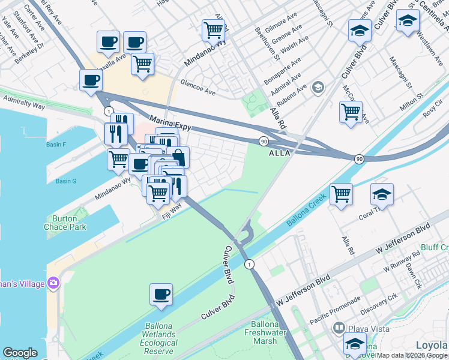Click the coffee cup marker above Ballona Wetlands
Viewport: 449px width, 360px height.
pyautogui.click(x=161, y=294)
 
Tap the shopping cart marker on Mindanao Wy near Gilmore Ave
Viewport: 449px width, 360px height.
pyautogui.click(x=214, y=29)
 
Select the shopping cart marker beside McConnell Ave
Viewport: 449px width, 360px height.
pyautogui.click(x=351, y=111)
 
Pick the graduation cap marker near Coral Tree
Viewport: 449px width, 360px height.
pyautogui.click(x=382, y=194)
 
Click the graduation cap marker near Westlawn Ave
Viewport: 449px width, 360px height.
pyautogui.click(x=408, y=20)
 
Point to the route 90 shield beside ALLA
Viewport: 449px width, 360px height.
pyautogui.click(x=264, y=140)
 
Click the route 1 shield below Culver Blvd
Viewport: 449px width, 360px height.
pyautogui.click(x=248, y=264)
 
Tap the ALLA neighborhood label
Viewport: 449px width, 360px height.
pyautogui.click(x=280, y=153)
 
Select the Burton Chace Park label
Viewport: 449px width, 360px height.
pyautogui.click(x=65, y=223)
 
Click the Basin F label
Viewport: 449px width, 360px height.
pyautogui.click(x=55, y=145)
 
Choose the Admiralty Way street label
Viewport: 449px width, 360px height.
pyautogui.click(x=24, y=101)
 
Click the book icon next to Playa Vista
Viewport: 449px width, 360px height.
pyautogui.click(x=339, y=328)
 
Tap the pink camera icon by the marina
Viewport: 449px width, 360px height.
pyautogui.click(x=53, y=282)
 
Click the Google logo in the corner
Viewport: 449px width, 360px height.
pyautogui.click(x=20, y=353)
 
